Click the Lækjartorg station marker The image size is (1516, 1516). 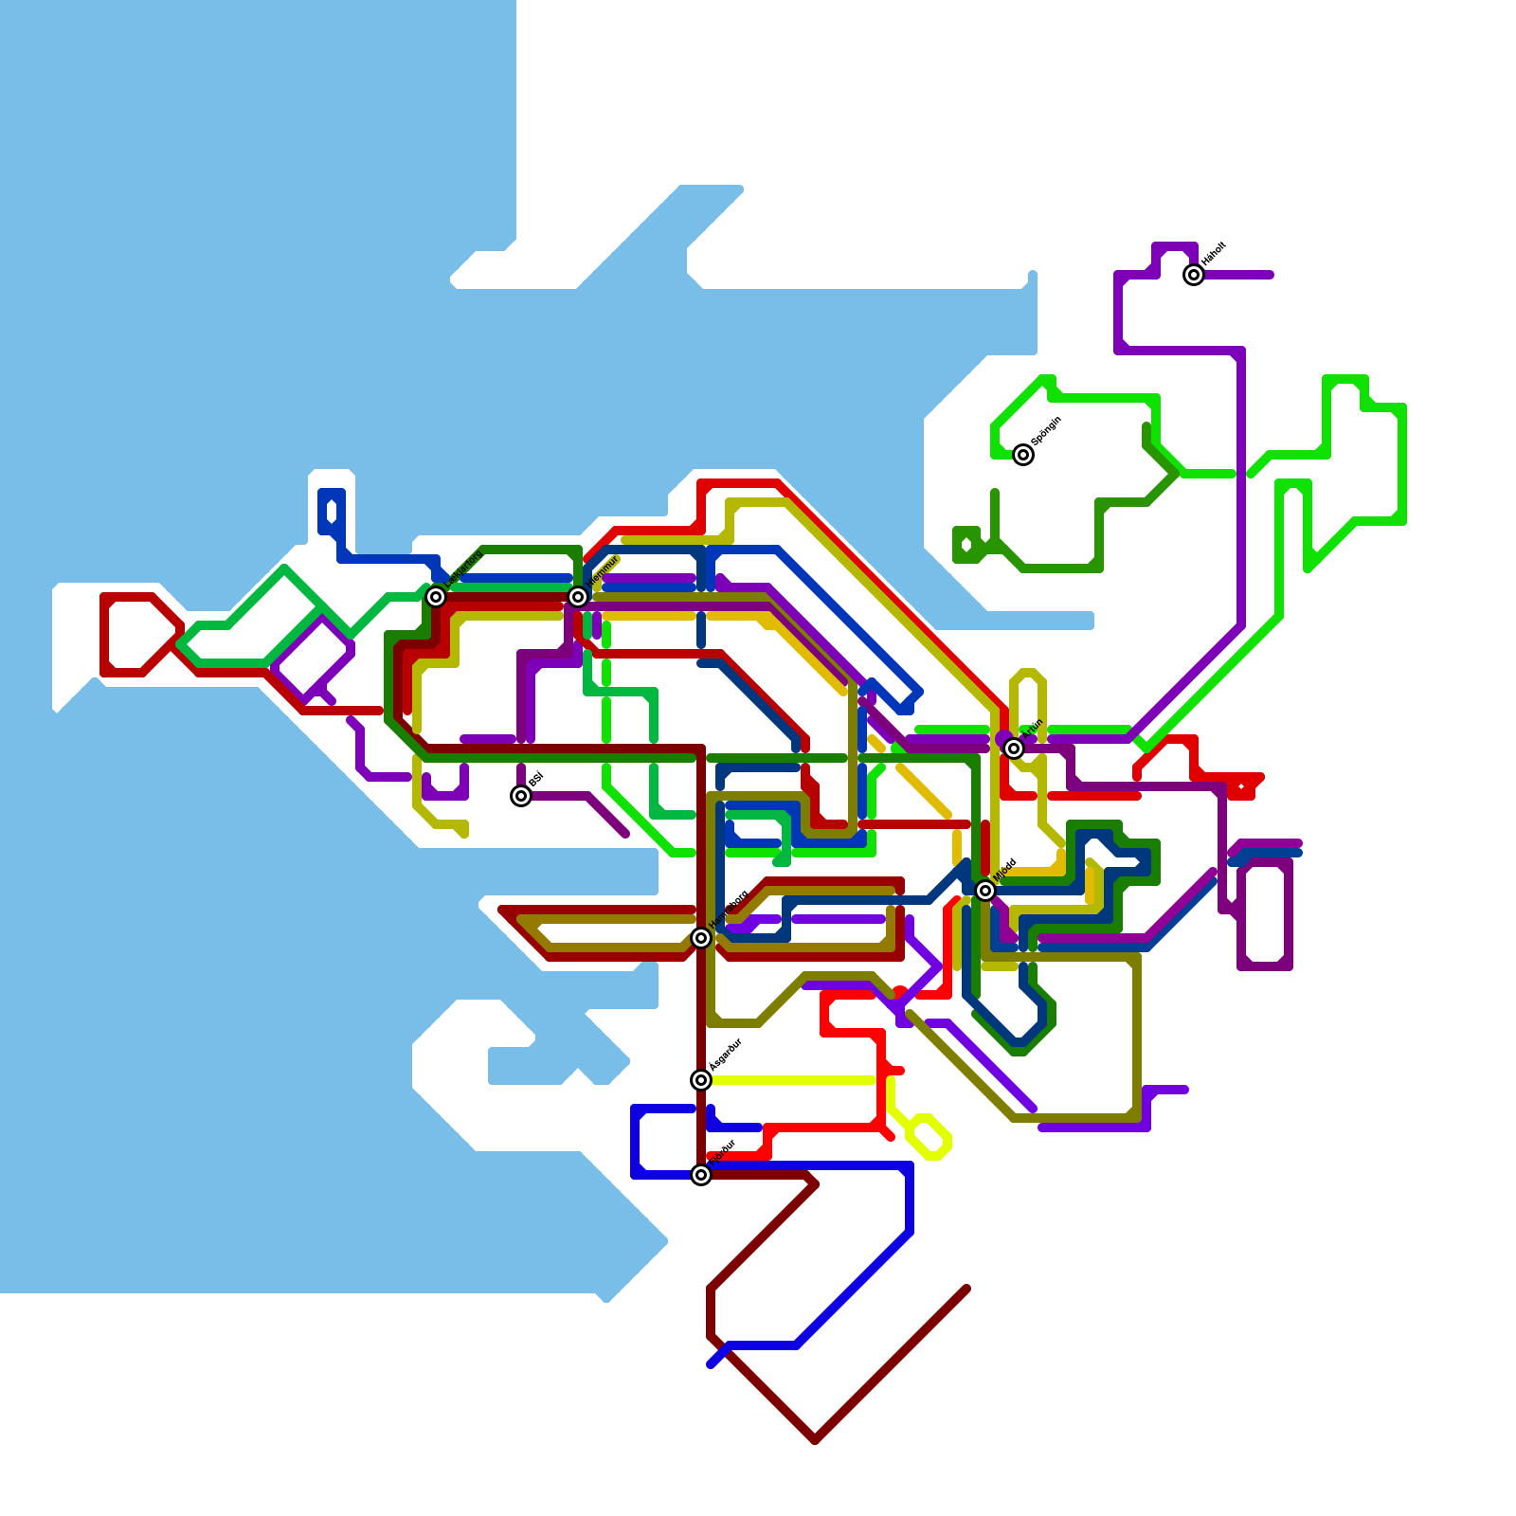[x=436, y=597]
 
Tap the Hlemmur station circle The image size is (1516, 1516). [x=578, y=597]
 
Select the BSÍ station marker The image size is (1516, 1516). [x=521, y=796]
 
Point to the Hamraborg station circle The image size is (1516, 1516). [x=701, y=938]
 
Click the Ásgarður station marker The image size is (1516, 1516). [x=701, y=1080]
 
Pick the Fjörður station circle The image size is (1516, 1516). [x=701, y=1175]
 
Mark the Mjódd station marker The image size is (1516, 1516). [x=985, y=891]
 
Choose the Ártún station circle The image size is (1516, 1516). [x=1014, y=749]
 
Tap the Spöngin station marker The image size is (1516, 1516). [x=1023, y=455]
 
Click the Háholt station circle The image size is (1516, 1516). [x=1194, y=275]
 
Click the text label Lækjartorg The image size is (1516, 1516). [x=465, y=568]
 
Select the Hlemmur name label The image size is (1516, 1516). [x=604, y=571]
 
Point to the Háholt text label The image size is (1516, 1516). [x=1214, y=253]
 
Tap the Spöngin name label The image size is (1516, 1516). [x=1046, y=431]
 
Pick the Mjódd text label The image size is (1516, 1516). [x=1005, y=870]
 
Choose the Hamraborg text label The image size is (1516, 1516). [x=729, y=910]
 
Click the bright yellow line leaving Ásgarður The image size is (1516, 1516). [x=796, y=1080]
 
